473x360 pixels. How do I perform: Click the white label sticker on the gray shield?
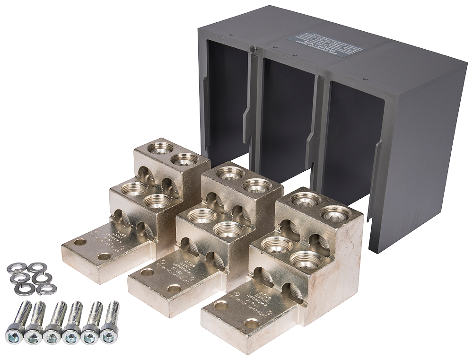pyautogui.click(x=325, y=42)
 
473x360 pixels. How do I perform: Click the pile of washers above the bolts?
pyautogui.click(x=31, y=278)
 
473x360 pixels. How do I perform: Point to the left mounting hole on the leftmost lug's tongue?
pyautogui.click(x=80, y=242)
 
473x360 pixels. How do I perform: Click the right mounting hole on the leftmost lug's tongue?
pyautogui.click(x=104, y=256)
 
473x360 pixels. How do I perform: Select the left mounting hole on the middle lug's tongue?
pyautogui.click(x=147, y=272)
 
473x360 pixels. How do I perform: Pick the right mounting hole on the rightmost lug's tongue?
pyautogui.click(x=251, y=324)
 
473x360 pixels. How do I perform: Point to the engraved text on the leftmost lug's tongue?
pyautogui.click(x=112, y=239)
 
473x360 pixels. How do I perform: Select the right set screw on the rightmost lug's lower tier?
pyautogui.click(x=306, y=259)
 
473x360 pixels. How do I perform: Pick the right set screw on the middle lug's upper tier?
pyautogui.click(x=257, y=185)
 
